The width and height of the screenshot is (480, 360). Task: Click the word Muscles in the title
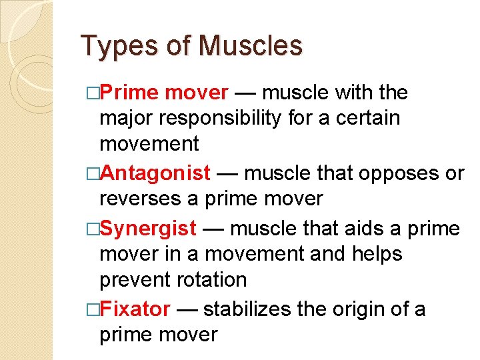click(250, 46)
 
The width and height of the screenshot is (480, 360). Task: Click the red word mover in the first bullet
click(196, 93)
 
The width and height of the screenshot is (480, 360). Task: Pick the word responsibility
click(220, 118)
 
